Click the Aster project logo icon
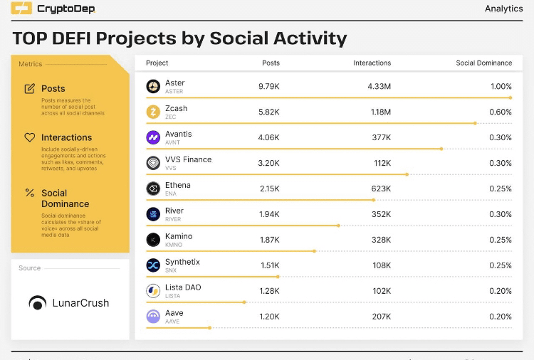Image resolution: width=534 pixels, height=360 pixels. tap(153, 86)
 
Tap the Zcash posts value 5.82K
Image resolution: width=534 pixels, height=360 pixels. tap(269, 112)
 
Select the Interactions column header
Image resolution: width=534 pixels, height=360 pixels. tap(372, 63)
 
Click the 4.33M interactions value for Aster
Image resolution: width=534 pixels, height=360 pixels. tap(379, 86)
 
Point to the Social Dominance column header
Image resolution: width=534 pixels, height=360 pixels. tap(483, 63)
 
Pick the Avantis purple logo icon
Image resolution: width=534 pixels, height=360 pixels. tap(153, 137)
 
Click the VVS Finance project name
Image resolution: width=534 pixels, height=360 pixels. tap(188, 159)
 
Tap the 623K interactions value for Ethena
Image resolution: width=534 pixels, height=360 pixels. tap(381, 189)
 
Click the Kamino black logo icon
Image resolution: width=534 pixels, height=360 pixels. tap(153, 240)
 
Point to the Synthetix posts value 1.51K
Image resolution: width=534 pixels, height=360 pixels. tap(269, 265)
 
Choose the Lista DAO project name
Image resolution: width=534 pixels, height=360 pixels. tap(183, 287)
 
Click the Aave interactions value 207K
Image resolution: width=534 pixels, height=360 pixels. tap(381, 317)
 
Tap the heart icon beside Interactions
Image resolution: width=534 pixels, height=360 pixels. tap(30, 137)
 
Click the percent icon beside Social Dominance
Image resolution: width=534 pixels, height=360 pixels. tap(30, 193)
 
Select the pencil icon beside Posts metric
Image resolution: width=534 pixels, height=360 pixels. tap(30, 89)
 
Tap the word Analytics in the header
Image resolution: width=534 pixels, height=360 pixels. tap(504, 9)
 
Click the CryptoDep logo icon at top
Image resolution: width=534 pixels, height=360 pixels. tap(21, 9)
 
